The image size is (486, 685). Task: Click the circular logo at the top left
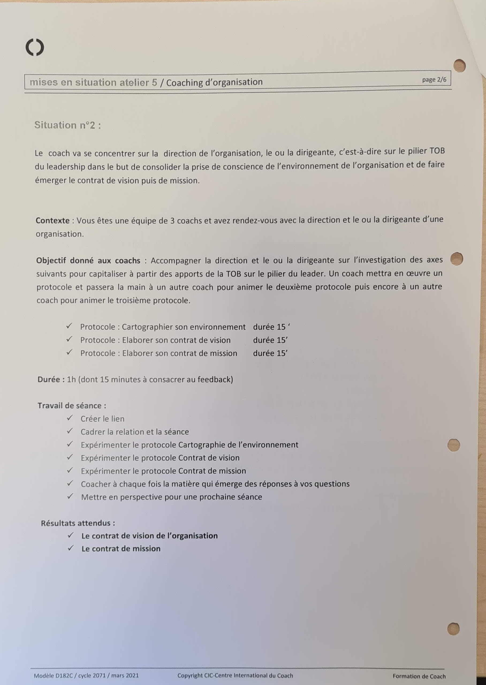pyautogui.click(x=35, y=47)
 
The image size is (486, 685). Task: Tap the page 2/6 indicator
pyautogui.click(x=434, y=80)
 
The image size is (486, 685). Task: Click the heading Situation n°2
pyautogui.click(x=68, y=125)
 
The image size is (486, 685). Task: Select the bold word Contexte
pyautogui.click(x=53, y=221)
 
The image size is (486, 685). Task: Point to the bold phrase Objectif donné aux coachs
pyautogui.click(x=88, y=260)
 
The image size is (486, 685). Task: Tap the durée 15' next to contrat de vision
pyautogui.click(x=270, y=340)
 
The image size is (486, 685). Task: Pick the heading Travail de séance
pyautogui.click(x=72, y=406)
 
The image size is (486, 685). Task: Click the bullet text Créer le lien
pyautogui.click(x=102, y=419)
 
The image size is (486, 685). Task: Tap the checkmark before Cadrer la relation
pyautogui.click(x=70, y=431)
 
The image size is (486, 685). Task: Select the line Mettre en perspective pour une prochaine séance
pyautogui.click(x=172, y=497)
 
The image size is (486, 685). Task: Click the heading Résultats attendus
pyautogui.click(x=78, y=523)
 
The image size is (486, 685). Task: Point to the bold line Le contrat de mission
pyautogui.click(x=121, y=548)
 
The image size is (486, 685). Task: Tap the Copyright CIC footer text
pyautogui.click(x=235, y=675)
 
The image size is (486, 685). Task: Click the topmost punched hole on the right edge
pyautogui.click(x=459, y=66)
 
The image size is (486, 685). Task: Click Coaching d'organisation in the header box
pyautogui.click(x=214, y=82)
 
